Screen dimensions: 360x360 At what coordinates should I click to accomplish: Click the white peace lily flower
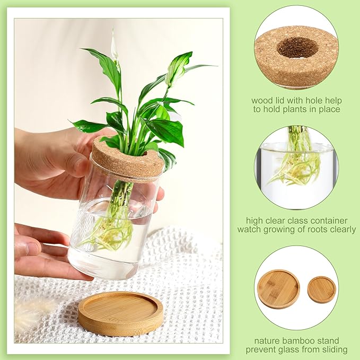pyautogui.click(x=113, y=48)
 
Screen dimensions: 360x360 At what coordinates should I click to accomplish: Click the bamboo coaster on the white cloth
pyautogui.click(x=120, y=313)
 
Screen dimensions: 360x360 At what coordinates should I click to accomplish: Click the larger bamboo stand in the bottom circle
pyautogui.click(x=278, y=288)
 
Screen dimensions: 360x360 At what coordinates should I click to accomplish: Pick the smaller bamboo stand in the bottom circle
pyautogui.click(x=321, y=289)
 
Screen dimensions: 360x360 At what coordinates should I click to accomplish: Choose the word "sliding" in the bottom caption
pyautogui.click(x=335, y=349)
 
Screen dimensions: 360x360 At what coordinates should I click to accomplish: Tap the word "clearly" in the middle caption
pyautogui.click(x=343, y=230)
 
